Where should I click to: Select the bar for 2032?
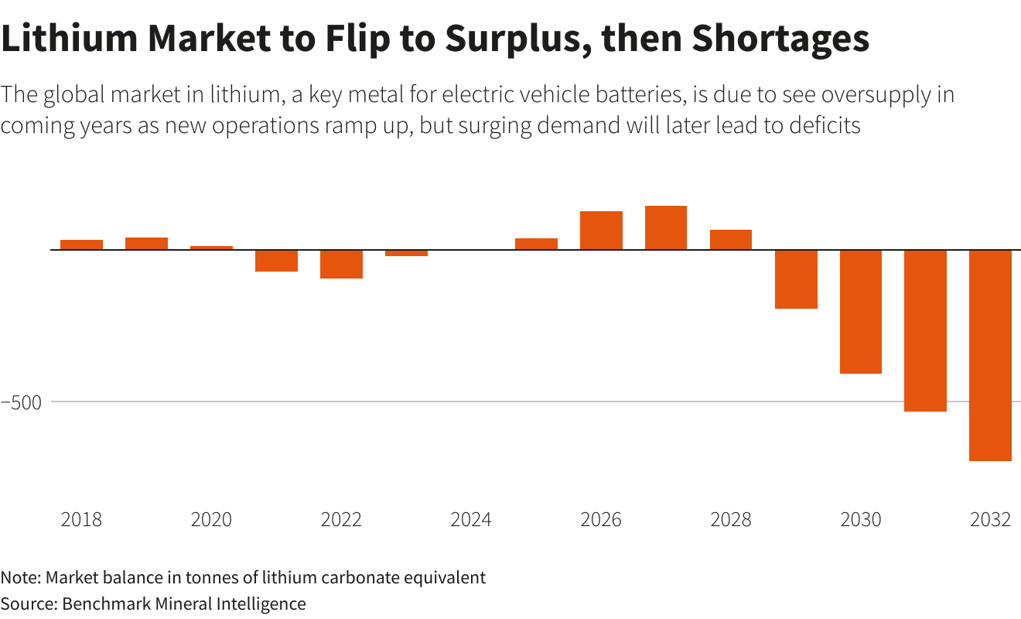tap(990, 355)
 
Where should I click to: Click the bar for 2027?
tap(666, 228)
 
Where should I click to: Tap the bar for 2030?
tap(861, 312)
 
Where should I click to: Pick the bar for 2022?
tap(341, 264)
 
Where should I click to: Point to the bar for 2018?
tap(81, 245)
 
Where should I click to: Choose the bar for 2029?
tap(796, 279)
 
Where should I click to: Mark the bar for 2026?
tap(601, 231)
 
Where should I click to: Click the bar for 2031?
tap(926, 330)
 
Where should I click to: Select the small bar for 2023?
tap(406, 253)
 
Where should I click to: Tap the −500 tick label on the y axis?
tap(26, 402)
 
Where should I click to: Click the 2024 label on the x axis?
tap(471, 519)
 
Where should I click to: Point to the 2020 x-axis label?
tap(211, 519)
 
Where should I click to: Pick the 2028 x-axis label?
tap(731, 519)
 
